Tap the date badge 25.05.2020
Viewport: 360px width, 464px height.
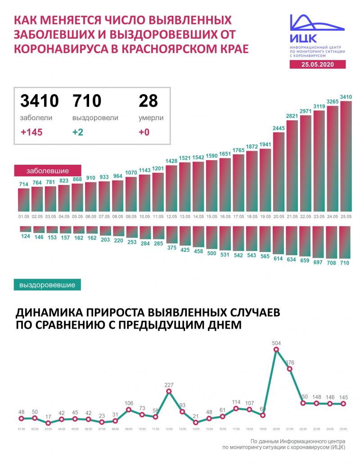pyautogui.click(x=317, y=64)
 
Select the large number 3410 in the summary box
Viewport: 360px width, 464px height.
pyautogui.click(x=40, y=101)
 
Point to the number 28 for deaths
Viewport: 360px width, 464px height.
pyautogui.click(x=148, y=101)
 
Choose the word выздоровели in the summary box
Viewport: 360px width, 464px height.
pyautogui.click(x=95, y=118)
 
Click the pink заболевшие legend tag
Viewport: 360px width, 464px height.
pyautogui.click(x=48, y=171)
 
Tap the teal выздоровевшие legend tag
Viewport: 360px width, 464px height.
pyautogui.click(x=48, y=284)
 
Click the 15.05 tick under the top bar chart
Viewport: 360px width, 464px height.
pyautogui.click(x=212, y=216)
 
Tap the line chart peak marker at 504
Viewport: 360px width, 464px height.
pyautogui.click(x=276, y=350)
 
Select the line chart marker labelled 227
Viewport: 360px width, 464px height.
pyautogui.click(x=169, y=392)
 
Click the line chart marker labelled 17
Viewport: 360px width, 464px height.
pyautogui.click(x=48, y=423)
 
